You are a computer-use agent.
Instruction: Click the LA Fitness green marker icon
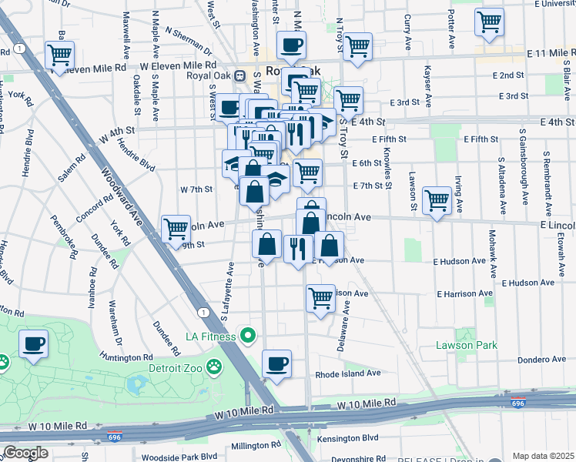click(x=247, y=335)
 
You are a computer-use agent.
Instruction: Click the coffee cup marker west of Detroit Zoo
click(x=33, y=344)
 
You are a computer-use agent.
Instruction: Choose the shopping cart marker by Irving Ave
click(x=437, y=201)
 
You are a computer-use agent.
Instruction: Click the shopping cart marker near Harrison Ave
click(x=320, y=297)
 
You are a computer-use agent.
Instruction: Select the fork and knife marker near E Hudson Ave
click(x=296, y=249)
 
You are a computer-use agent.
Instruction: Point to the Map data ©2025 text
click(x=543, y=456)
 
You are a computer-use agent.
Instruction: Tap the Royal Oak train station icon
click(x=239, y=76)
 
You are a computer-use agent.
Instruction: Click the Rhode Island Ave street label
click(x=348, y=373)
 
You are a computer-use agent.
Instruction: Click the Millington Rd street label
click(x=255, y=445)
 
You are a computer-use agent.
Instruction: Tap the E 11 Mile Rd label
click(x=550, y=52)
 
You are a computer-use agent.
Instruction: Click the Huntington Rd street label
click(x=126, y=357)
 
